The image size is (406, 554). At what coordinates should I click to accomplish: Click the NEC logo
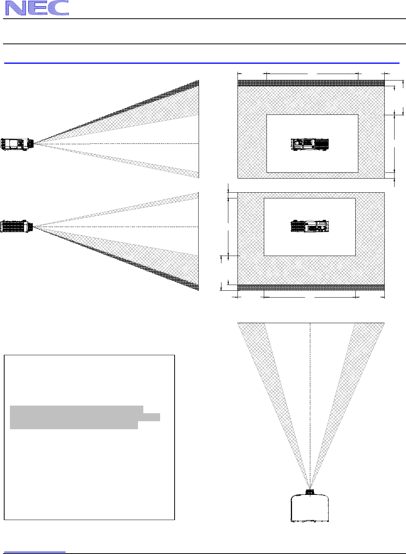pyautogui.click(x=37, y=8)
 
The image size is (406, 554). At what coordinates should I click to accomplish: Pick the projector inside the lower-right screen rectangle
pyautogui.click(x=310, y=226)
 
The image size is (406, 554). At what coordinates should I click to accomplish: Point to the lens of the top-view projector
pyautogui.click(x=310, y=492)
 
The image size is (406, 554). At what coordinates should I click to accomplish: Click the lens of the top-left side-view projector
pyautogui.click(x=31, y=143)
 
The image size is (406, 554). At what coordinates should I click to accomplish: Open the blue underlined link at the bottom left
pyautogui.click(x=34, y=551)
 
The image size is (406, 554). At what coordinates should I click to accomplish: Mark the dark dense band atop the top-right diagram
pyautogui.click(x=311, y=83)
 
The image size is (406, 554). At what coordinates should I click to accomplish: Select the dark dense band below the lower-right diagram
pyautogui.click(x=311, y=287)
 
